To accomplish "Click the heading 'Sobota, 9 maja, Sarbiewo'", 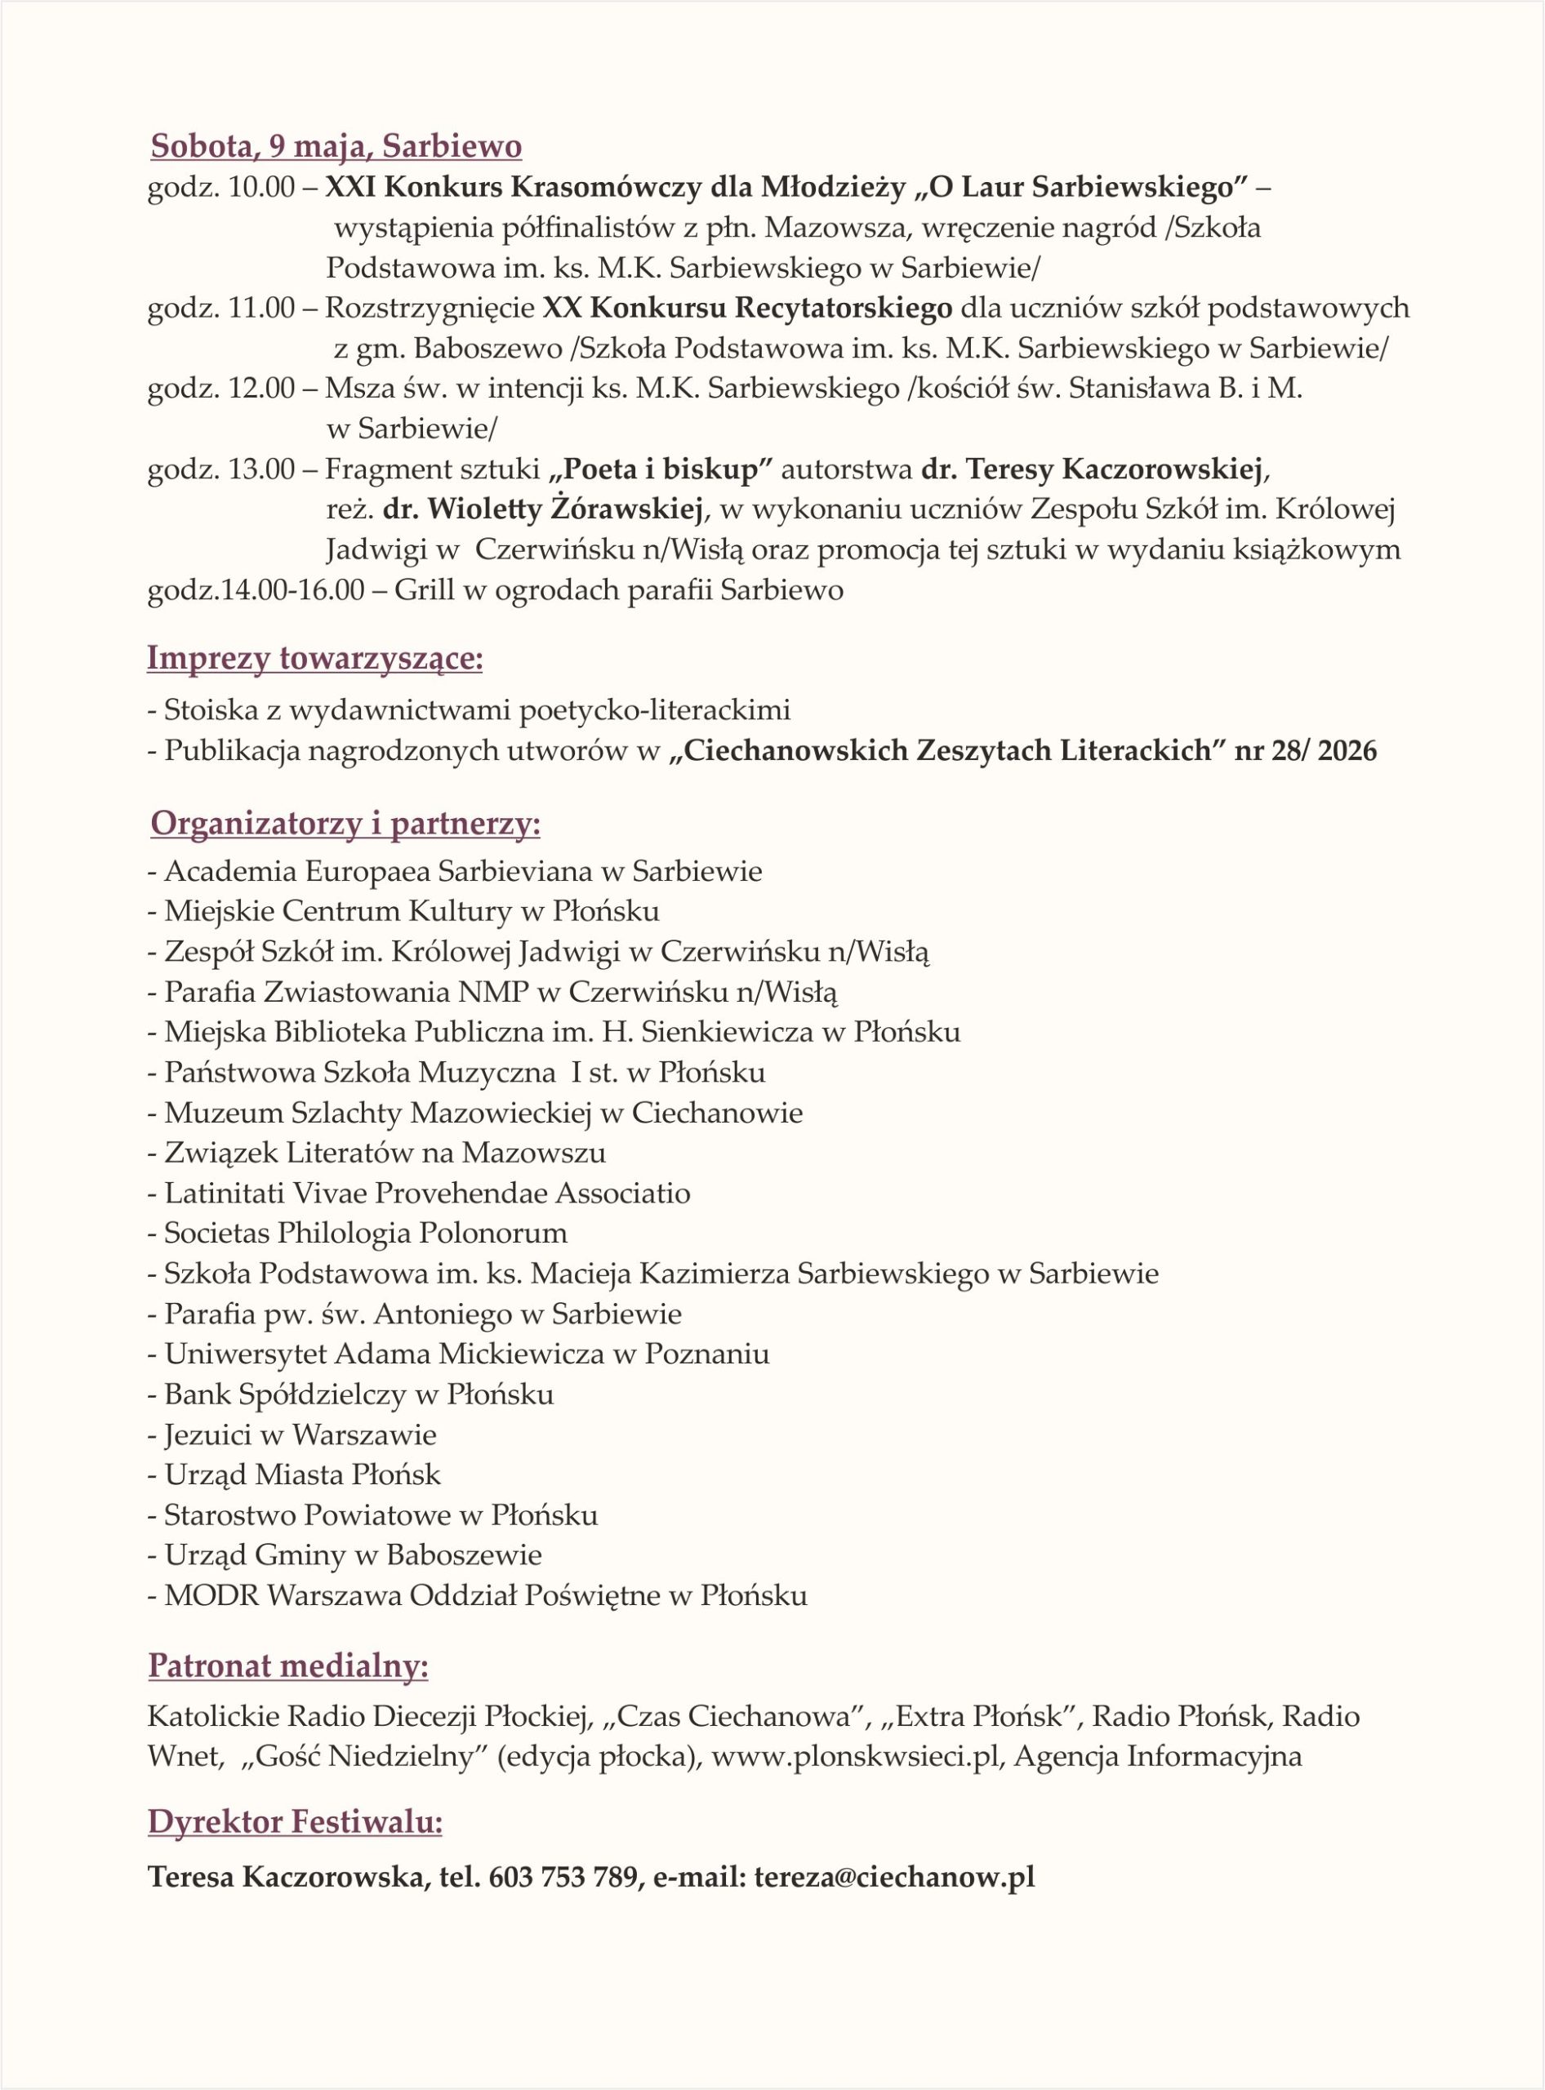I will pos(336,147).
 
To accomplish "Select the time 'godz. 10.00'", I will pos(220,188).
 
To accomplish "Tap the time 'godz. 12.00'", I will pos(220,389).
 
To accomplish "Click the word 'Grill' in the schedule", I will pos(426,590).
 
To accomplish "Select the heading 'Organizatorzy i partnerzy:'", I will pos(345,824).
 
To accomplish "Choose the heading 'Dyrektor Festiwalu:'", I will pos(295,1822).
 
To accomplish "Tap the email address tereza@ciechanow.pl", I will pos(894,1877).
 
